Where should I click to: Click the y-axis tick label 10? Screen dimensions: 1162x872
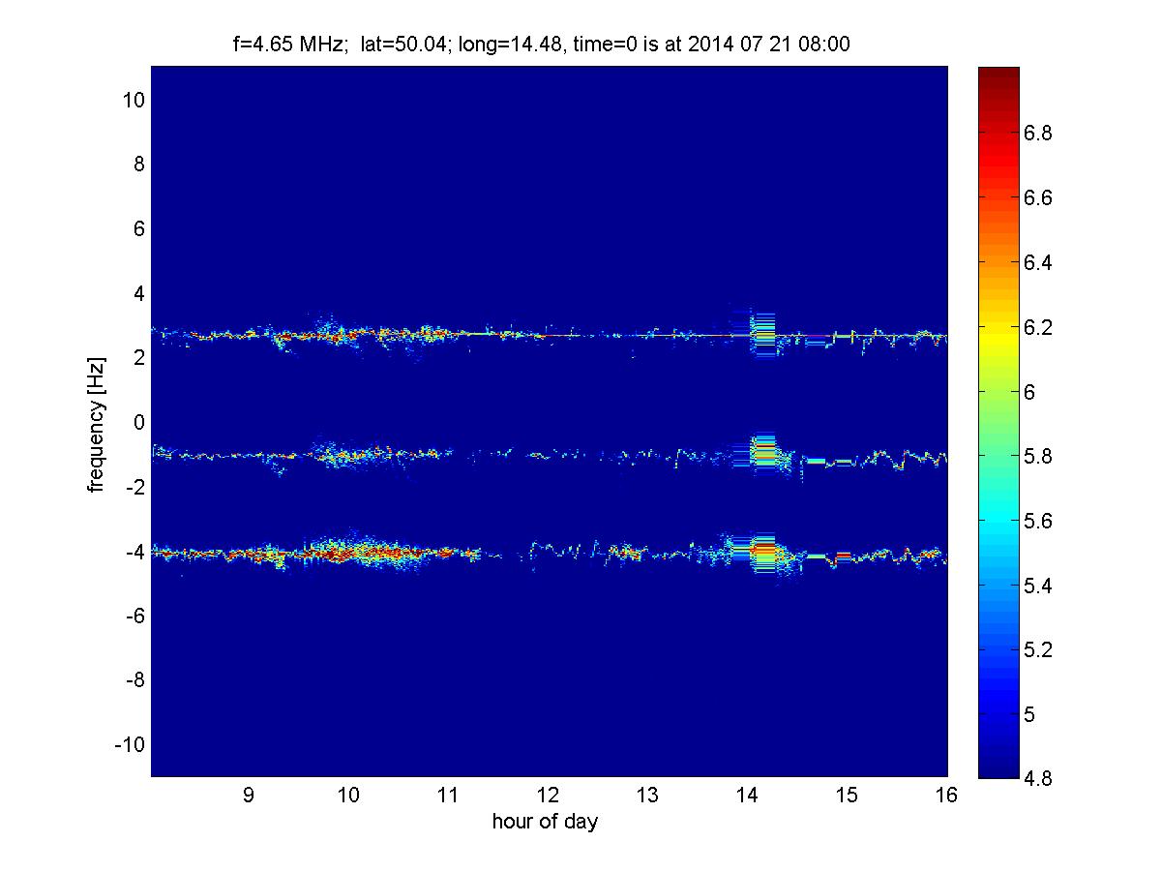134,100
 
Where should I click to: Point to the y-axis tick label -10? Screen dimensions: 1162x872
130,744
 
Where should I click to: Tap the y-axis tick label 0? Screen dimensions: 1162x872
138,422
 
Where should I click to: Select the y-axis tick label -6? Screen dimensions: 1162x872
135,616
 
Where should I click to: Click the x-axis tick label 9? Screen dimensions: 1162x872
249,795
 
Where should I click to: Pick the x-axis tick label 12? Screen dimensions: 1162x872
548,795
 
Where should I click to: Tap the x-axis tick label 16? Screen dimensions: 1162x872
946,795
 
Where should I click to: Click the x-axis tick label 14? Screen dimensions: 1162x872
747,795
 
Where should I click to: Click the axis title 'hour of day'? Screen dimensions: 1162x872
545,821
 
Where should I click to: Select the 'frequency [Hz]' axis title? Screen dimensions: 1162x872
96,425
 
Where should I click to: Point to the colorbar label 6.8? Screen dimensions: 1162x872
1038,133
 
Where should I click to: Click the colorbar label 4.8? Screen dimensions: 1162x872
1038,778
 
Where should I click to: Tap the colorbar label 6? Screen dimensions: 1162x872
1029,392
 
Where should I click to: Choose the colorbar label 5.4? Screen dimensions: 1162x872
1038,585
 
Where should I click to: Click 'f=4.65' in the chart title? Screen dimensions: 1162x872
262,44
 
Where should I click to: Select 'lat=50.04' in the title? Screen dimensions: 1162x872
403,44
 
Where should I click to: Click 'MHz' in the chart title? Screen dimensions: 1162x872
321,44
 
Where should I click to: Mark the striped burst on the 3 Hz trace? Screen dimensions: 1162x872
762,335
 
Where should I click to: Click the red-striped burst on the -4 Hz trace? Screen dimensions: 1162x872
762,553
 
